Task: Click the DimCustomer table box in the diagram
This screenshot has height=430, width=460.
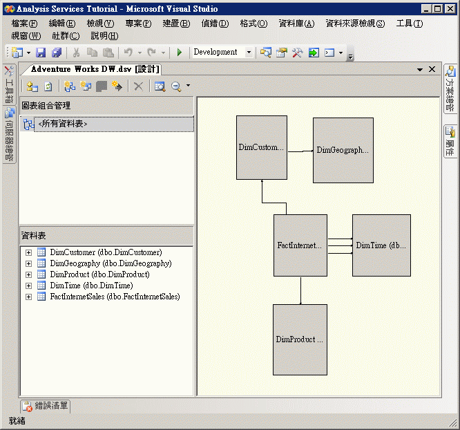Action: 261,147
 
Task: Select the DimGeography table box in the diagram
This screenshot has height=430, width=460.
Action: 343,150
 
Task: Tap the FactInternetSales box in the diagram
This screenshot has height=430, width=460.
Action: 300,245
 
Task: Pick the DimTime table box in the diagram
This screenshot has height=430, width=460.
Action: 381,245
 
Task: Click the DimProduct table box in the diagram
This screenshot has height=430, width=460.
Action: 300,339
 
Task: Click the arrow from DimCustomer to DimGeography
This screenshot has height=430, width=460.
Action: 300,151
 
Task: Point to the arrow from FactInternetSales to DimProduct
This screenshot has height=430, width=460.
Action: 300,290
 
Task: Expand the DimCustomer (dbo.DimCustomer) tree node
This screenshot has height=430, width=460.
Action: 29,252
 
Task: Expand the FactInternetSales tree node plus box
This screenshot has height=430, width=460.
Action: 29,297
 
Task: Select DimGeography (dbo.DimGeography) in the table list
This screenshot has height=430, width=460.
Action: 111,263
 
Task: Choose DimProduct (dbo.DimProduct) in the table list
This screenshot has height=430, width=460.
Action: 99,274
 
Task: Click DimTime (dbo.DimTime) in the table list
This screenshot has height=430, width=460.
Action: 91,286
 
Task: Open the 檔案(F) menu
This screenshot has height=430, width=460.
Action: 25,24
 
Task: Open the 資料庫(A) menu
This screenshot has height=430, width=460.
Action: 296,24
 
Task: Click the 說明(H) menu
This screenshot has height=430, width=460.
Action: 104,36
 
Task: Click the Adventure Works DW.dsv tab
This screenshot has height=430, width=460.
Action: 95,69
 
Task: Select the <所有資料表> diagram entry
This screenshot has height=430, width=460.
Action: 63,124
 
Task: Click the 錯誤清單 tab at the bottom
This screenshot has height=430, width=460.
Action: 46,406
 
